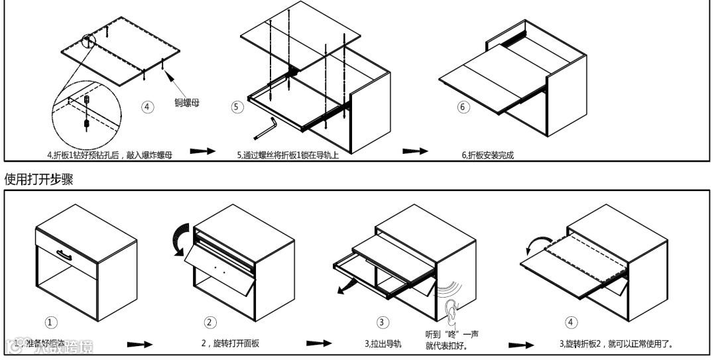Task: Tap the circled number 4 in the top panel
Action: (148, 107)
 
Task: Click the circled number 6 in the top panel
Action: (463, 107)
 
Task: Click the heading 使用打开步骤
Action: (38, 180)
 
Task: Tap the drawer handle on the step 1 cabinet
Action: (65, 255)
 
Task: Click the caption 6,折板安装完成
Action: (487, 155)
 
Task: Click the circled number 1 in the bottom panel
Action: (51, 322)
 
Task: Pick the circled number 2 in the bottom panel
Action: (209, 322)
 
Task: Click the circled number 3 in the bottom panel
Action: (383, 322)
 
